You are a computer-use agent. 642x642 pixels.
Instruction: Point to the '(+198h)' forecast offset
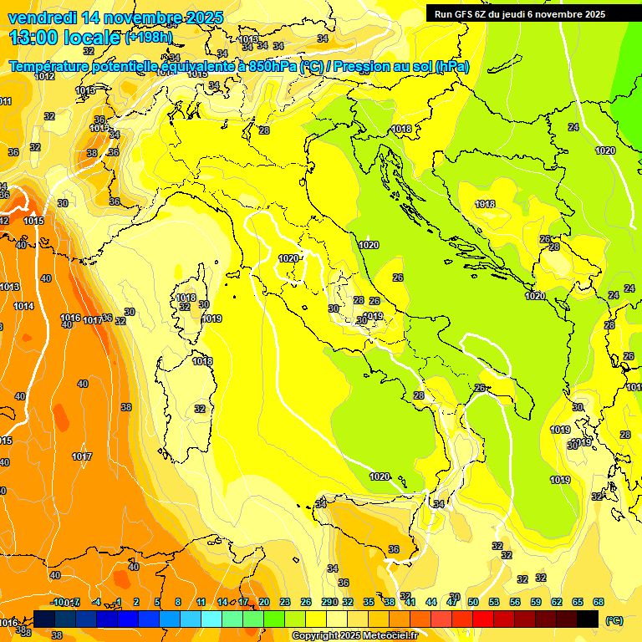tap(149, 37)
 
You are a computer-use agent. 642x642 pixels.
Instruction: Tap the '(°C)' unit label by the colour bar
tap(614, 620)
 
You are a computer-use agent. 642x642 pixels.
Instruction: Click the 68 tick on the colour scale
tap(599, 602)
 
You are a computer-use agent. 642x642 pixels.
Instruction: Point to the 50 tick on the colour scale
tap(472, 602)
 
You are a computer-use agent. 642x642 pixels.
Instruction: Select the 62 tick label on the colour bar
tap(557, 602)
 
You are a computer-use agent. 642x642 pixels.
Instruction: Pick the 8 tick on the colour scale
tap(178, 602)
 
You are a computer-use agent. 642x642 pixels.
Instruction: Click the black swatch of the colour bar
tap(588, 619)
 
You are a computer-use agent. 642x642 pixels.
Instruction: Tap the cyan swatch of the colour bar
tap(211, 619)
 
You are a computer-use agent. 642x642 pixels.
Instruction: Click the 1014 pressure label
tap(23, 307)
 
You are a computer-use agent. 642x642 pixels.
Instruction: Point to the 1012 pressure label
tap(44, 76)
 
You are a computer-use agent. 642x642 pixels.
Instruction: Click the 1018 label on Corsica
tap(186, 298)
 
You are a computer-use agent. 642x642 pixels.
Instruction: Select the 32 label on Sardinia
tap(200, 409)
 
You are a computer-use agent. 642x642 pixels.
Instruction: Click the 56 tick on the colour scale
tap(514, 602)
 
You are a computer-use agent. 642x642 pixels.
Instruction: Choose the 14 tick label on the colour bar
tap(222, 602)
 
